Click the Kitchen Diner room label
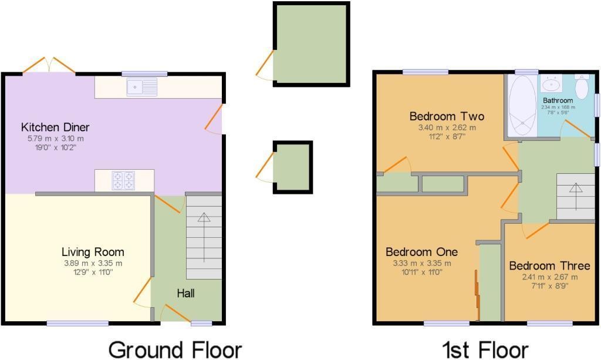click(55, 127)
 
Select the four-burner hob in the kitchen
click(124, 180)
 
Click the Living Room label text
click(93, 252)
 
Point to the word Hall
click(186, 293)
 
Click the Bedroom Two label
click(438, 116)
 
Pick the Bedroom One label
click(421, 252)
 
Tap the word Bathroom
click(558, 100)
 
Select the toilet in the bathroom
click(582, 88)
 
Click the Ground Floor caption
click(175, 349)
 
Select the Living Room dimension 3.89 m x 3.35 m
click(93, 263)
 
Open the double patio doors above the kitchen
click(49, 66)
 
